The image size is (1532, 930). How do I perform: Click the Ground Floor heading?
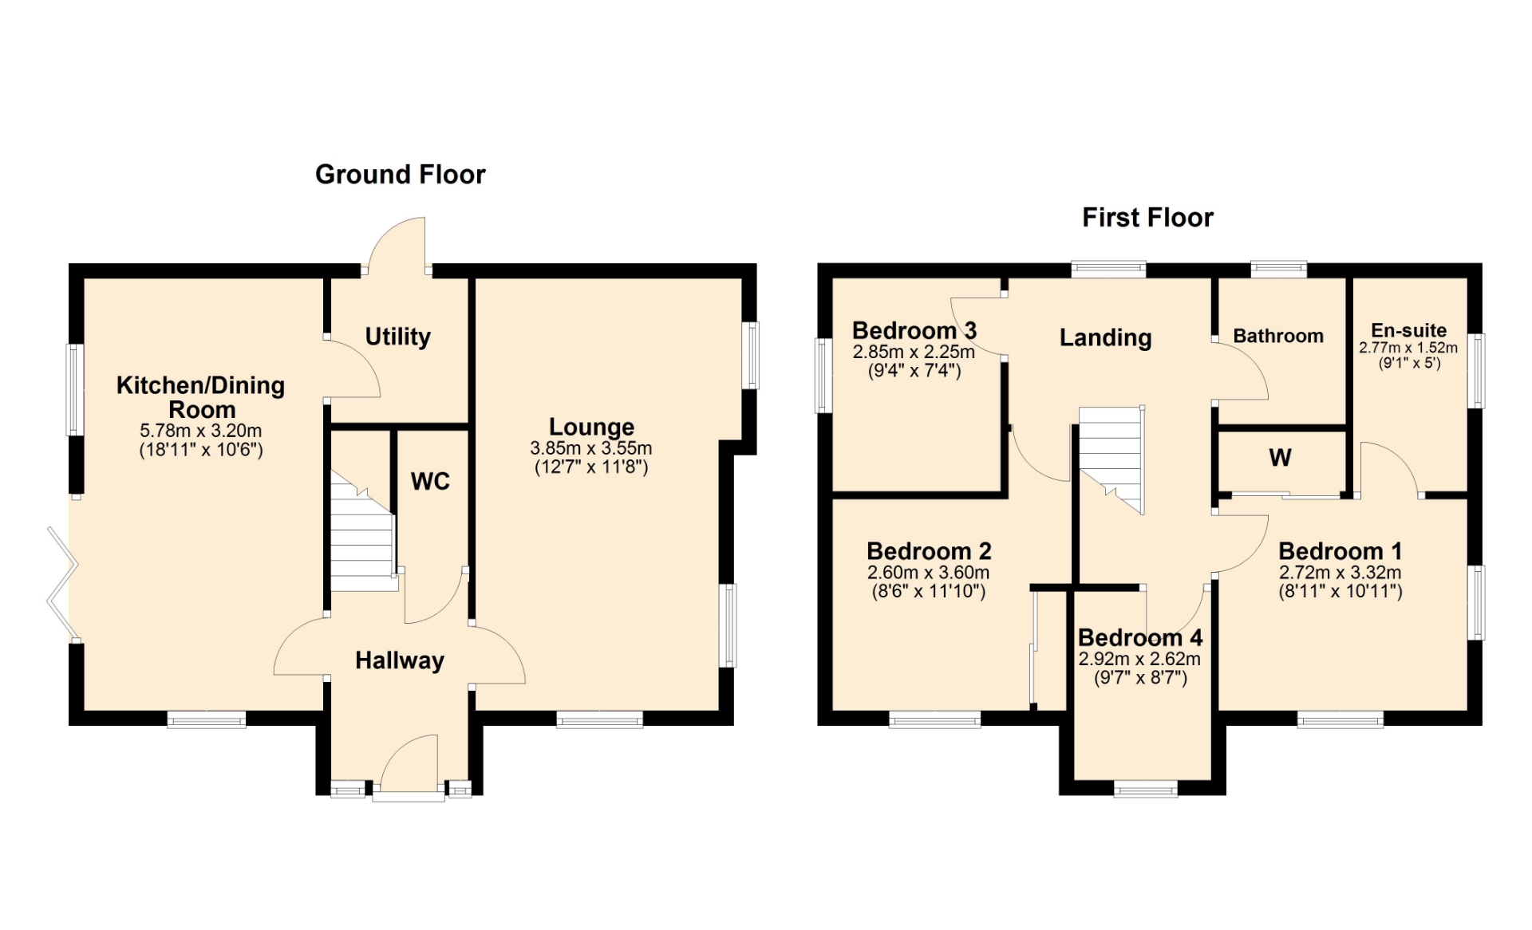pos(400,174)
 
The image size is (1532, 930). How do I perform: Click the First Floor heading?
pos(1147,217)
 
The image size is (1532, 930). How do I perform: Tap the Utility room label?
pos(397,337)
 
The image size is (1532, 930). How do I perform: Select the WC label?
pos(430,481)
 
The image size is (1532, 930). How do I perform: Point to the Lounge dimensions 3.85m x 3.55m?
pos(591,448)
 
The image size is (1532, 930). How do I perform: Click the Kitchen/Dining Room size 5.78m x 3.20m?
pos(201,431)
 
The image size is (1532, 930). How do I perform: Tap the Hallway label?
pos(400,660)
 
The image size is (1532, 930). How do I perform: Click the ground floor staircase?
pos(363,530)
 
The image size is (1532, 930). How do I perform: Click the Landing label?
pos(1105,337)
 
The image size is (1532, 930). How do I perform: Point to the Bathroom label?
pos(1278,336)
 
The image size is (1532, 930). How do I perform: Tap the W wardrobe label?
pos(1280,458)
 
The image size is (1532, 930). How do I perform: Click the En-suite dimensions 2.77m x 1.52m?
pos(1408,348)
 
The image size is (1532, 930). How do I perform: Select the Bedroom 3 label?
pos(914,330)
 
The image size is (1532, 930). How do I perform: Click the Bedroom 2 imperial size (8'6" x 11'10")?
pos(929,591)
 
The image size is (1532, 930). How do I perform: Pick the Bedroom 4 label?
pos(1140,637)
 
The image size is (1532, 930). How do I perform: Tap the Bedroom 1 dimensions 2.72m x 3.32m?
pos(1340,573)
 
